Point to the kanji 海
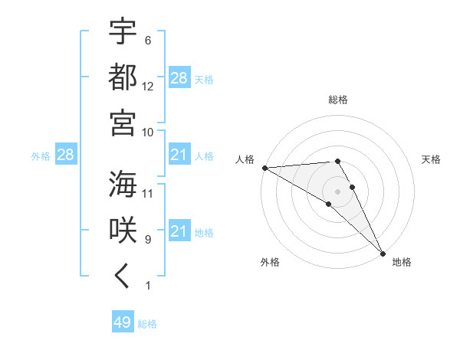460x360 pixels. point(123,184)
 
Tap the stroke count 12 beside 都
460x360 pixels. point(148,87)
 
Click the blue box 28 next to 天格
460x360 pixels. point(179,78)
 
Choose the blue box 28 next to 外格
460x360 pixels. point(65,155)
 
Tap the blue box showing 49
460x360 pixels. point(122,322)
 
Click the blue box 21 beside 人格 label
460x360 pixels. point(179,155)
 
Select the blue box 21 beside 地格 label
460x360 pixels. point(179,231)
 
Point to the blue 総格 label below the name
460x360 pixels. point(148,324)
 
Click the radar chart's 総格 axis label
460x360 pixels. point(338,100)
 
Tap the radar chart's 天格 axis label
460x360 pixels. point(432,159)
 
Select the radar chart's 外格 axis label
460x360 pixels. point(270,262)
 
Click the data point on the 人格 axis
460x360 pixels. point(264,168)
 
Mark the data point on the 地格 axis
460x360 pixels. point(382,253)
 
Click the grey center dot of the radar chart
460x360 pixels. point(337,191)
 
